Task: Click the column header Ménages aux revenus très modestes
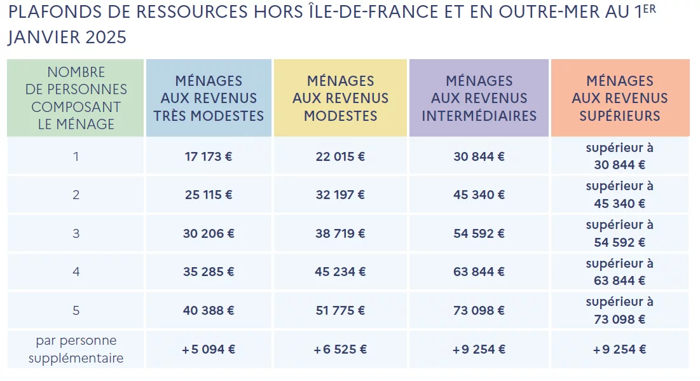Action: point(209,98)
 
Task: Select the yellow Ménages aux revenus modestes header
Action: point(340,98)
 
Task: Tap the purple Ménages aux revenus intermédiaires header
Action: point(479,98)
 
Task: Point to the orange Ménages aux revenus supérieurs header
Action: point(620,98)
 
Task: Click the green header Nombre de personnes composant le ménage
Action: point(76,98)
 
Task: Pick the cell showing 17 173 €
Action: point(209,156)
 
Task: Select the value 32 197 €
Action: point(340,195)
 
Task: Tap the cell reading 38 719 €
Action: point(340,233)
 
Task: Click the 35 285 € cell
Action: point(209,272)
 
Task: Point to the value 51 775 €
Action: point(340,310)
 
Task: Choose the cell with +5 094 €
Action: point(209,349)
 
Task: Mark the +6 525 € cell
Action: point(340,349)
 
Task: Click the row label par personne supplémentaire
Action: point(76,349)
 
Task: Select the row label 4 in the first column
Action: point(76,272)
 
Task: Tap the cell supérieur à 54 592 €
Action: point(619,233)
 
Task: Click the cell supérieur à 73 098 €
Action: point(619,310)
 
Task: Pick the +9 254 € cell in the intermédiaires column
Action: point(479,349)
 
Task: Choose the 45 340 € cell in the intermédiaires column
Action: point(479,195)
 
